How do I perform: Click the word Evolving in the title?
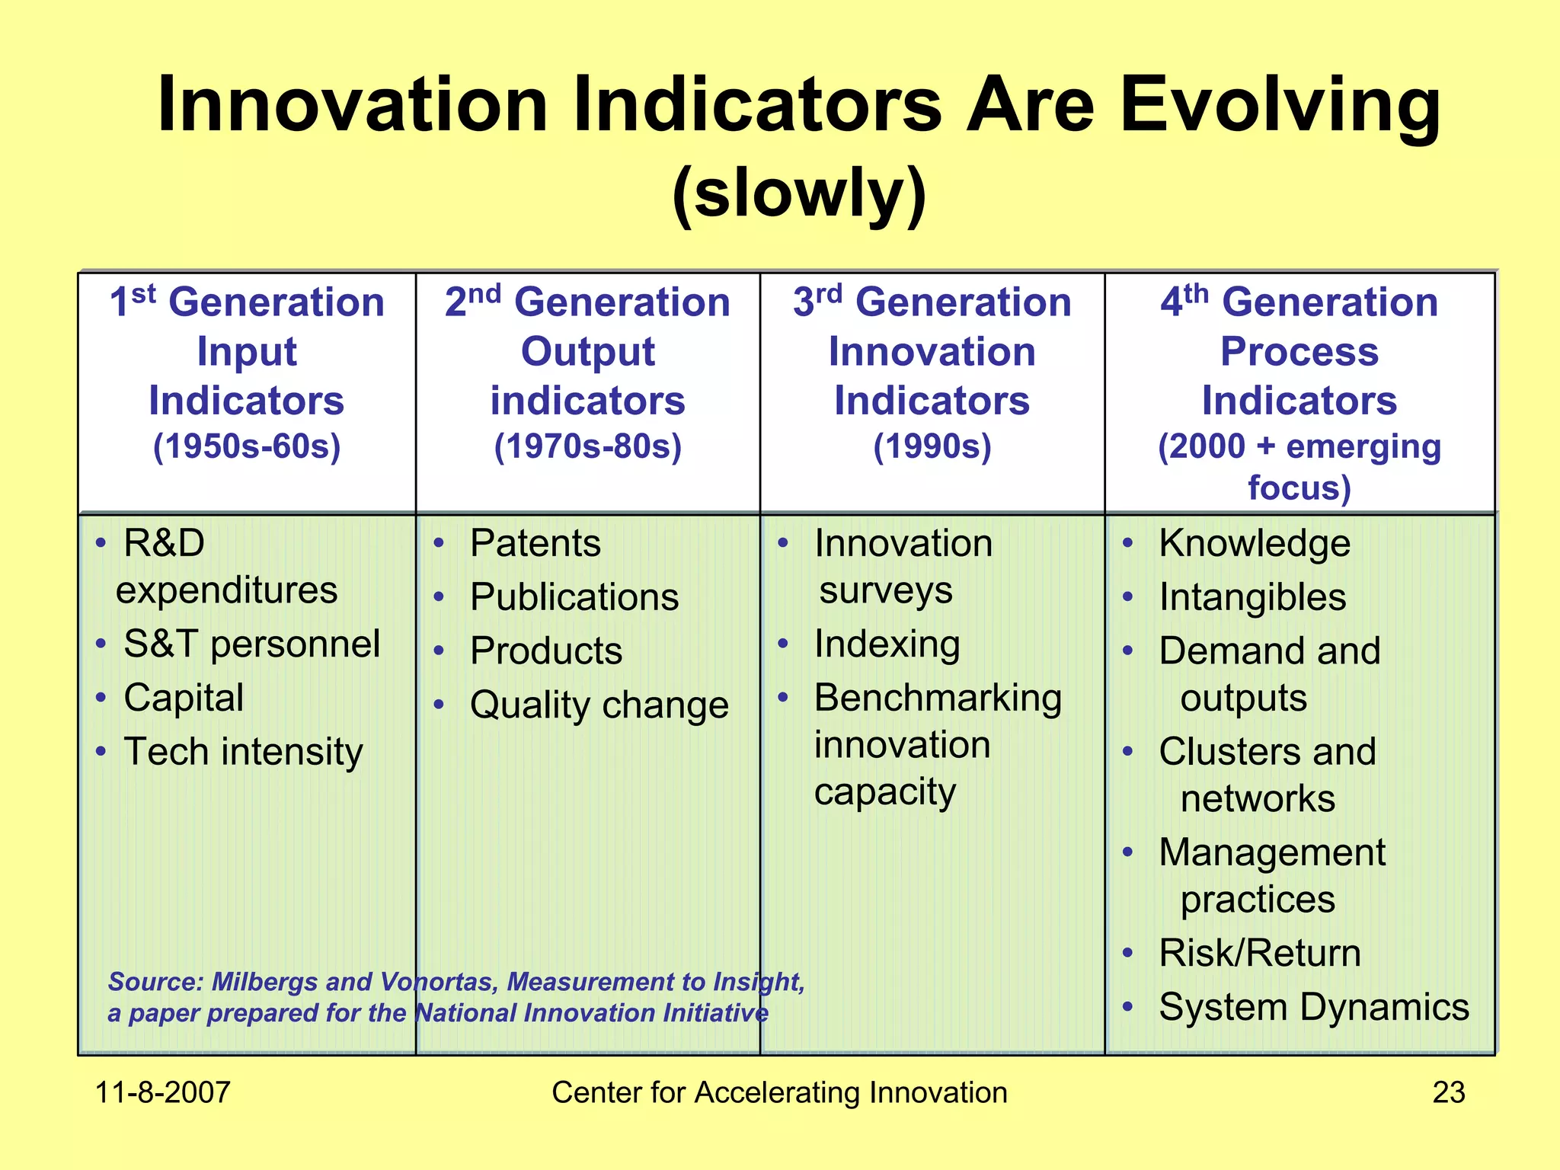point(1280,107)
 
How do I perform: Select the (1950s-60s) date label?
point(247,446)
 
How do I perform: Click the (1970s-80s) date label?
point(587,446)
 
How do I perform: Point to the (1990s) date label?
point(932,446)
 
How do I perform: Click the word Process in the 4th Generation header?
point(1299,352)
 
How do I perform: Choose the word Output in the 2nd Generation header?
point(587,352)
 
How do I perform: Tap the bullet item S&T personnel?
point(251,644)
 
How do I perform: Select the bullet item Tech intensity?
point(243,753)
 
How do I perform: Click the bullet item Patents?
point(535,544)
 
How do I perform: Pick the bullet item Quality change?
point(599,705)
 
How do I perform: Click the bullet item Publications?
point(574,597)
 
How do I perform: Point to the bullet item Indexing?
point(887,644)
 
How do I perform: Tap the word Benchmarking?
point(938,698)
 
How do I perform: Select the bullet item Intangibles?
point(1252,597)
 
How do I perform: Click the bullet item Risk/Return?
point(1259,953)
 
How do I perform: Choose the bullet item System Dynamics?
point(1313,1007)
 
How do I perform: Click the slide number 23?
point(1448,1092)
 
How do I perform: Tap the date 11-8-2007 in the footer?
point(162,1092)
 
